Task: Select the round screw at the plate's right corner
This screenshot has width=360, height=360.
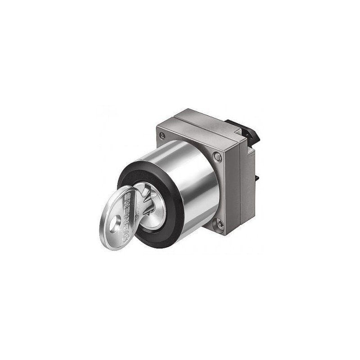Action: point(218,156)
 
